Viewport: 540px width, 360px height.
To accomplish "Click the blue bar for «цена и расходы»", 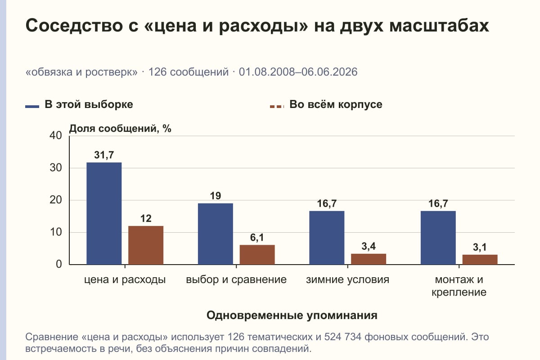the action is pyautogui.click(x=104, y=213).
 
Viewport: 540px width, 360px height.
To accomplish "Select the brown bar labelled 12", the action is pyautogui.click(x=146, y=245).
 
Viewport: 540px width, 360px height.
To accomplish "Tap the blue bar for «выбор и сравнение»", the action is pyautogui.click(x=216, y=234).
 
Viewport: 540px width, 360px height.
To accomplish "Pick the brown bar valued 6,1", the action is pyautogui.click(x=257, y=255).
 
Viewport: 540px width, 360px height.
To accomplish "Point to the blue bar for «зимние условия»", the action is pyautogui.click(x=327, y=238).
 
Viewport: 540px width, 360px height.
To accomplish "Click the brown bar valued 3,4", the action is pyautogui.click(x=369, y=259).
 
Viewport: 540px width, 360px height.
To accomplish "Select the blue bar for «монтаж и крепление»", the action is pyautogui.click(x=438, y=238).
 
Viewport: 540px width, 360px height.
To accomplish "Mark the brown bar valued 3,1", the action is pyautogui.click(x=480, y=260).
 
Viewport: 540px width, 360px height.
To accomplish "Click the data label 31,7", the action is pyautogui.click(x=104, y=155).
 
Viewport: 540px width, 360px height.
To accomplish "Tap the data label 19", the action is pyautogui.click(x=216, y=196).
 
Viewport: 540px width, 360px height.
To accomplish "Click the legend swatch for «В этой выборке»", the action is pyautogui.click(x=32, y=107).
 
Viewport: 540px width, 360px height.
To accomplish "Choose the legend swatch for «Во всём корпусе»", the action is pyautogui.click(x=277, y=107).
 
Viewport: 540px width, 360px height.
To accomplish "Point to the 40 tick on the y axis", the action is pyautogui.click(x=56, y=135).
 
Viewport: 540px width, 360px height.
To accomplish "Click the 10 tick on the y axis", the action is pyautogui.click(x=56, y=232).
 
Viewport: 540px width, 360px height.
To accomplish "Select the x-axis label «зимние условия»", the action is pyautogui.click(x=347, y=280).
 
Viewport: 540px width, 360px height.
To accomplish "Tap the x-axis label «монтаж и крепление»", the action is pyautogui.click(x=459, y=286).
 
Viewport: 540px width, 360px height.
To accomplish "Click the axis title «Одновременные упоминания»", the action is pyautogui.click(x=292, y=315).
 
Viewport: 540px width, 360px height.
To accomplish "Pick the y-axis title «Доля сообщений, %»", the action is pyautogui.click(x=120, y=129).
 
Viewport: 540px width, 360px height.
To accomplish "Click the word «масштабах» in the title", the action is pyautogui.click(x=439, y=25).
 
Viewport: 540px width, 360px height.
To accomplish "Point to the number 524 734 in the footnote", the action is pyautogui.click(x=342, y=337).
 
